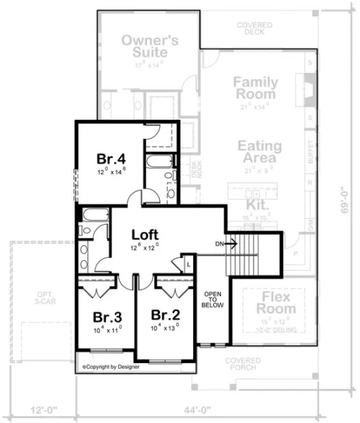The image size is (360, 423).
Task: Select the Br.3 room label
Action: coord(106,317)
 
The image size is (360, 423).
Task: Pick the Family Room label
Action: coord(254,88)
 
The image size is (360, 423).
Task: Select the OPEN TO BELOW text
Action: coord(212,299)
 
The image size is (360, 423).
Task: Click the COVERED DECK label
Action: coord(255,29)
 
